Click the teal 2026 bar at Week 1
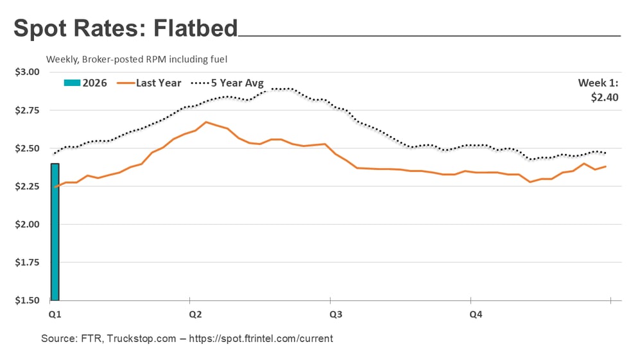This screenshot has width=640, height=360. coord(55,232)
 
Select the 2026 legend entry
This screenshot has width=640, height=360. coord(86,83)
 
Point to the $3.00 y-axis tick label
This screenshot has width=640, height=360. coord(26,73)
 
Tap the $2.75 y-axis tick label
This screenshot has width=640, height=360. coord(26,110)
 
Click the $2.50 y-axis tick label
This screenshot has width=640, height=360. coord(26,148)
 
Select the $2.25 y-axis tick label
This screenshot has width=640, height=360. coord(26,187)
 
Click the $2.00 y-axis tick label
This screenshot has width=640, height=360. coord(26,225)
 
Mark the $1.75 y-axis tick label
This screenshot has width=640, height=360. coord(26,262)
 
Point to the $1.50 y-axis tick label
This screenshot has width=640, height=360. coord(26,300)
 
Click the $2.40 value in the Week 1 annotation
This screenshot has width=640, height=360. coord(605,98)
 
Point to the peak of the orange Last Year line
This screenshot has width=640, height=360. coord(206,122)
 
